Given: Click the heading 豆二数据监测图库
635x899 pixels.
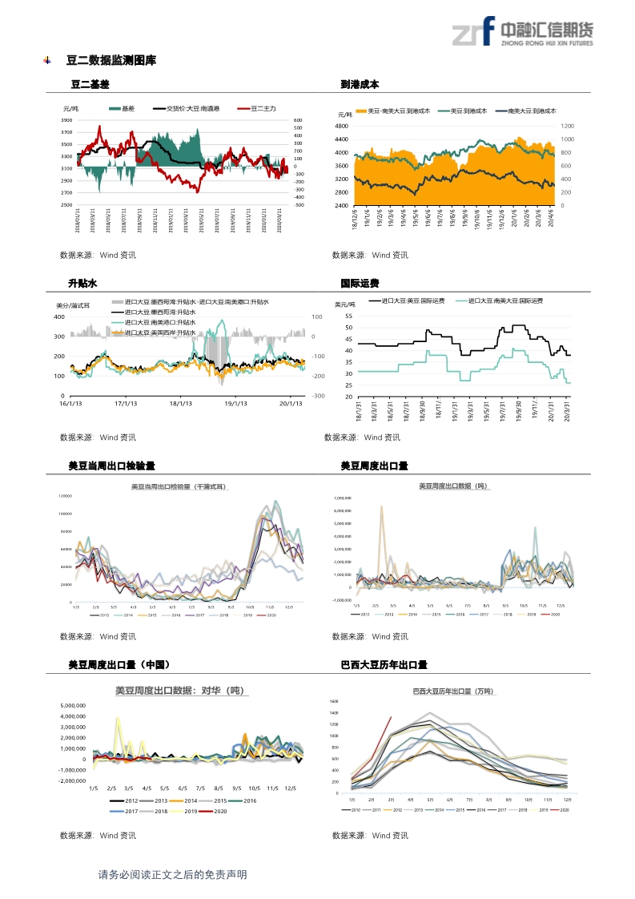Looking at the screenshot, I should (x=111, y=60).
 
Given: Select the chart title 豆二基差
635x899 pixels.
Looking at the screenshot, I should (x=90, y=84).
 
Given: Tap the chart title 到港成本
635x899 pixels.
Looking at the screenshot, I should (x=360, y=84).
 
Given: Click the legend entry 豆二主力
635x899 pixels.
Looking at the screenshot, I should (x=263, y=108).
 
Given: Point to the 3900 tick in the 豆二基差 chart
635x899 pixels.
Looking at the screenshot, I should (x=66, y=119).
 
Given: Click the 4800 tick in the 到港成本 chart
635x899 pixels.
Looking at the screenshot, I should (x=341, y=126).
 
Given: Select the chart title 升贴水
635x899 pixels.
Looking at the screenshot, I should (x=82, y=284).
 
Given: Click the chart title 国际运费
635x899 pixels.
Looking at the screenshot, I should (x=360, y=284).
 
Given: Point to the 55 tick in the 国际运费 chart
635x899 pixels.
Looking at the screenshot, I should (x=348, y=316).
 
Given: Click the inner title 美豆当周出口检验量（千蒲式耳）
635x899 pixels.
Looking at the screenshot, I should (x=179, y=486).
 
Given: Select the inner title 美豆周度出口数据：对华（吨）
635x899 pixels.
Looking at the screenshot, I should (x=179, y=691).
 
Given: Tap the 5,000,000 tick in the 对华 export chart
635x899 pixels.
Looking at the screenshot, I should (x=73, y=705).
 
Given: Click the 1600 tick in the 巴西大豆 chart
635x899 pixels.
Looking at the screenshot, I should (x=334, y=701).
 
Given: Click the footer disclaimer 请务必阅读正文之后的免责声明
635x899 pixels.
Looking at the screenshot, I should (x=171, y=875).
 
